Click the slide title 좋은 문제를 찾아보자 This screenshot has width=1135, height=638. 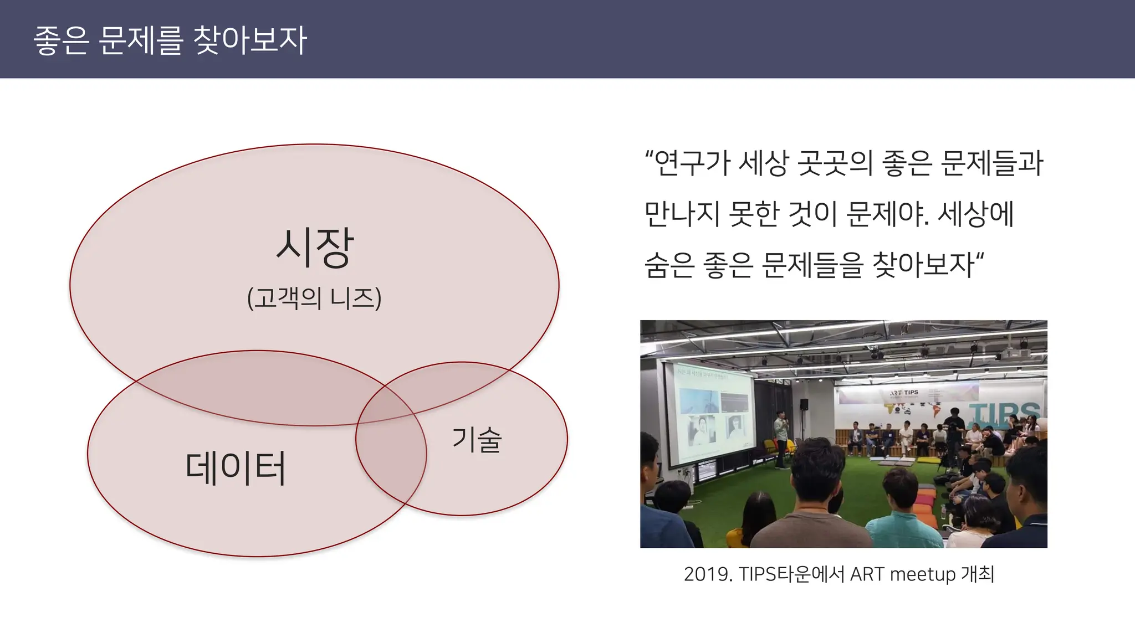[170, 40]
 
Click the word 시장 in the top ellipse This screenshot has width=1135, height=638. [314, 248]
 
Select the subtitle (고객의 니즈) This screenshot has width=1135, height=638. [314, 298]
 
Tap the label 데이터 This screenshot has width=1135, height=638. [236, 468]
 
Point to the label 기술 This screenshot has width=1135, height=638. [477, 440]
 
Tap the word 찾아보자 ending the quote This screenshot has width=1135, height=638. [923, 265]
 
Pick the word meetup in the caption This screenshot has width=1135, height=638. [922, 574]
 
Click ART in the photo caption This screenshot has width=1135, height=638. [868, 574]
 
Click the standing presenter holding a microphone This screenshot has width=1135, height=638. [781, 438]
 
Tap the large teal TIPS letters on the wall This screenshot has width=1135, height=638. [1004, 413]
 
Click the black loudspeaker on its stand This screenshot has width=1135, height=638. [804, 404]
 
